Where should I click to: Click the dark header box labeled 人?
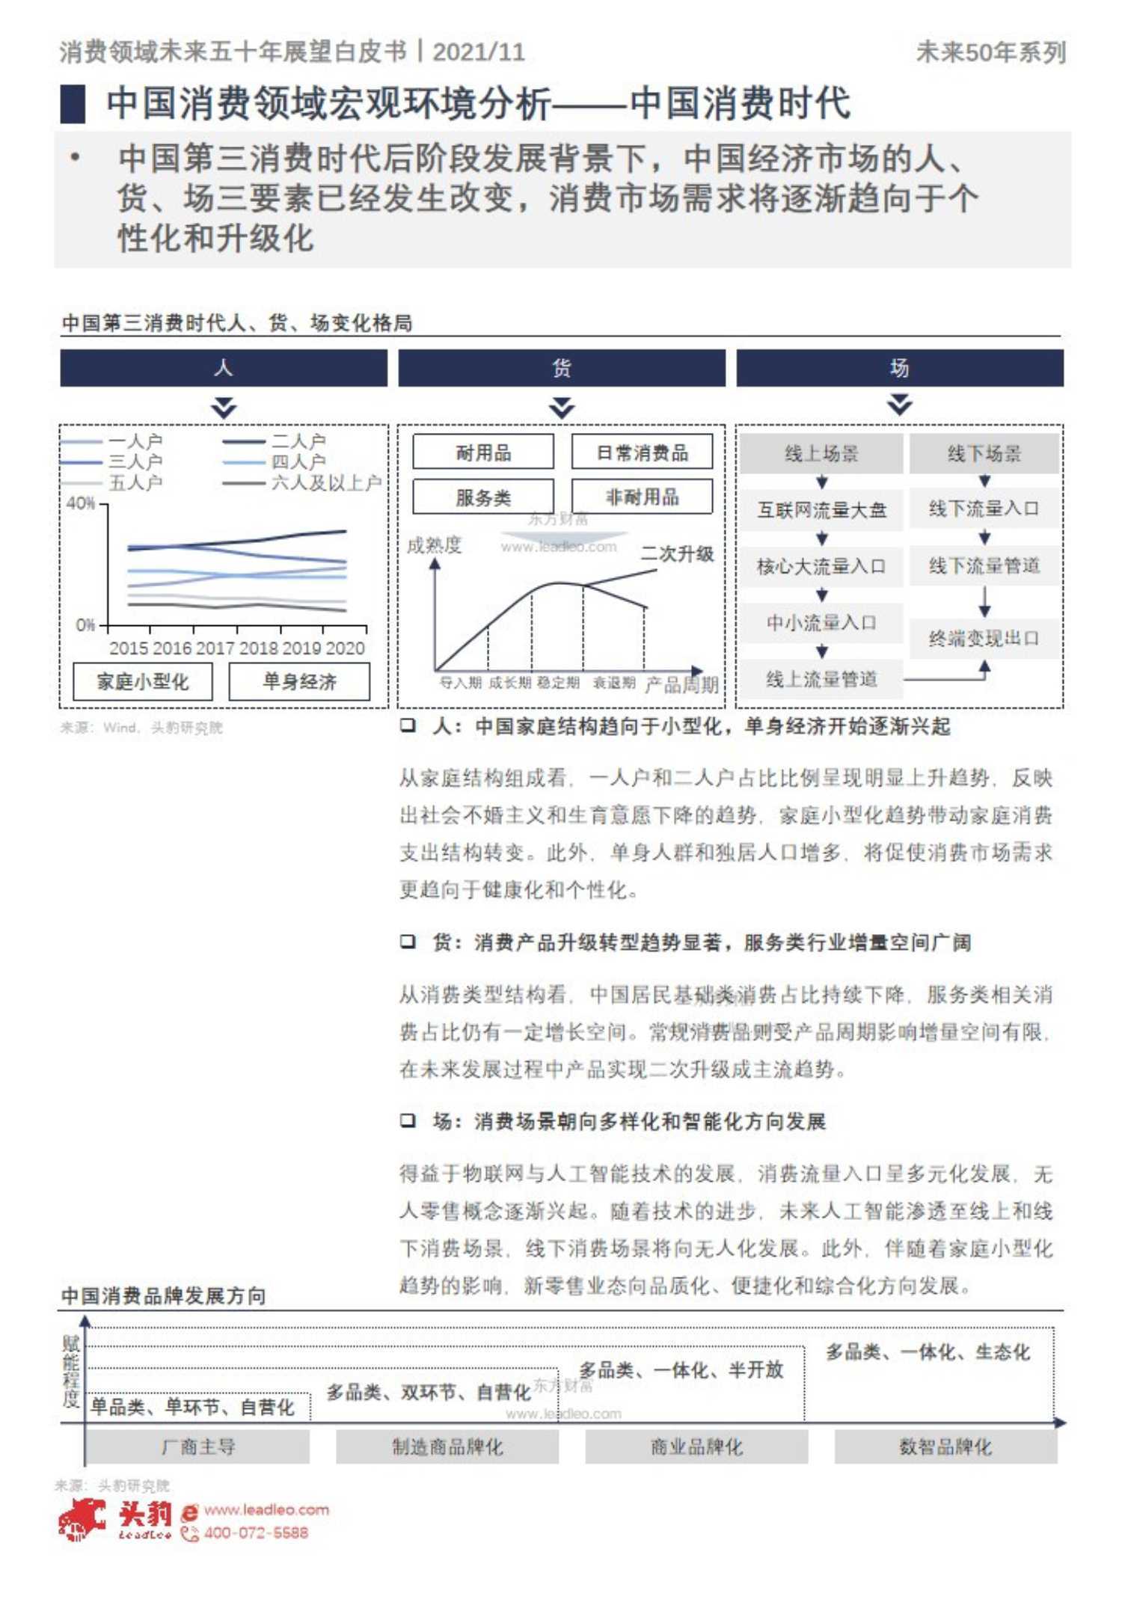(224, 368)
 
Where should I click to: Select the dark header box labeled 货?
(561, 368)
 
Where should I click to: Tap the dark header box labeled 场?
(899, 368)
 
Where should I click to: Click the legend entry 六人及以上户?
(325, 483)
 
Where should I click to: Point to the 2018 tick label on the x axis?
(259, 648)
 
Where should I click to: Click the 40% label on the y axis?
(81, 503)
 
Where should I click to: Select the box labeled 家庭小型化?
(143, 681)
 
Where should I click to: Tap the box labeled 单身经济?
(299, 681)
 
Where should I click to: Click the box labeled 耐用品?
(483, 452)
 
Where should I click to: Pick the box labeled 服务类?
(483, 497)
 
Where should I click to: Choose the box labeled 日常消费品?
(642, 452)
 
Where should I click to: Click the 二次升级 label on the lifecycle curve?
(677, 553)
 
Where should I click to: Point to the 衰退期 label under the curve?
(613, 683)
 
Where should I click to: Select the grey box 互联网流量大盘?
(821, 510)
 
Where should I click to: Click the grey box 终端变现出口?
(984, 638)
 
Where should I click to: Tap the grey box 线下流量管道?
(984, 566)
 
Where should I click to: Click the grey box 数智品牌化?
(945, 1446)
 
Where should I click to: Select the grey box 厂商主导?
(198, 1446)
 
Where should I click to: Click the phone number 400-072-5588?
(256, 1532)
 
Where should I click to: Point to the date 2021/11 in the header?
(479, 52)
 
